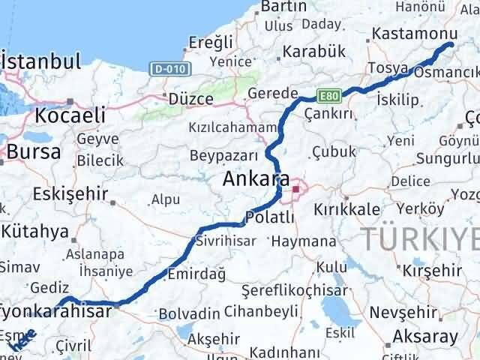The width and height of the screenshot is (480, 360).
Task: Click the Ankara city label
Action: pyautogui.click(x=256, y=179)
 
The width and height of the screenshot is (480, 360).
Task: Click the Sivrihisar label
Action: pyautogui.click(x=225, y=241)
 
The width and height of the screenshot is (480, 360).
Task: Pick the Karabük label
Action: pyautogui.click(x=314, y=52)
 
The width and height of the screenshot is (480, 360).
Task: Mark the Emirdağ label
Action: pyautogui.click(x=196, y=274)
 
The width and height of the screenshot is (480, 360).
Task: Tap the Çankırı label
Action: pyautogui.click(x=328, y=113)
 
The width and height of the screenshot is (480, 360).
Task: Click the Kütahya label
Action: pyautogui.click(x=39, y=231)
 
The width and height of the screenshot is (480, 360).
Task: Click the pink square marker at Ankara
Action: pyautogui.click(x=296, y=189)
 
